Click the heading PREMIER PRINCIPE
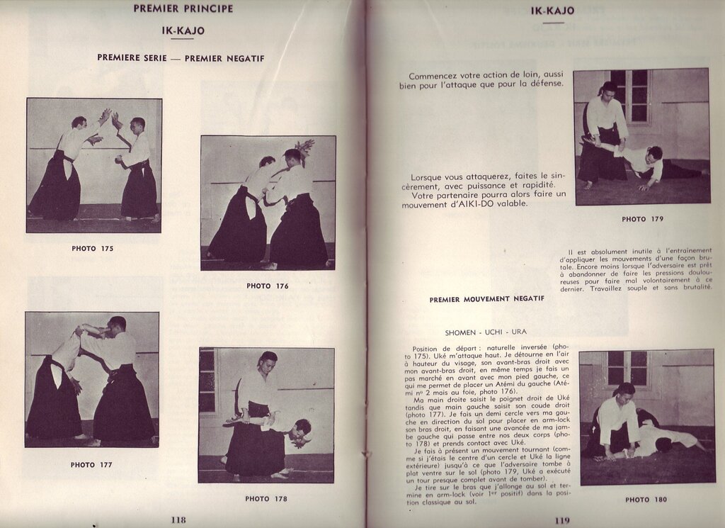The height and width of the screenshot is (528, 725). [183, 9]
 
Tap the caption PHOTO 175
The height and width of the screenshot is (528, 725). [92, 249]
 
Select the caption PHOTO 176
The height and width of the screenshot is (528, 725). [268, 286]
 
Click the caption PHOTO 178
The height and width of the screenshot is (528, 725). [266, 499]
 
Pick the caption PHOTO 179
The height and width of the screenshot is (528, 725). [642, 220]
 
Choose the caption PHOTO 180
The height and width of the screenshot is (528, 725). [646, 500]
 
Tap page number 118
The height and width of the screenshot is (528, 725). [178, 519]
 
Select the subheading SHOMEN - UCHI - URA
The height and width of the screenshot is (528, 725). [486, 332]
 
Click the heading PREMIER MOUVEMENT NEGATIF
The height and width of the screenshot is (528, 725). [486, 299]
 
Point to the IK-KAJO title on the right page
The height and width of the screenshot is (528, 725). [553, 11]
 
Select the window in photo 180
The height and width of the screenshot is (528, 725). [627, 368]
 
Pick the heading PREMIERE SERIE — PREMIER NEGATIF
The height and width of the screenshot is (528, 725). [181, 59]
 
